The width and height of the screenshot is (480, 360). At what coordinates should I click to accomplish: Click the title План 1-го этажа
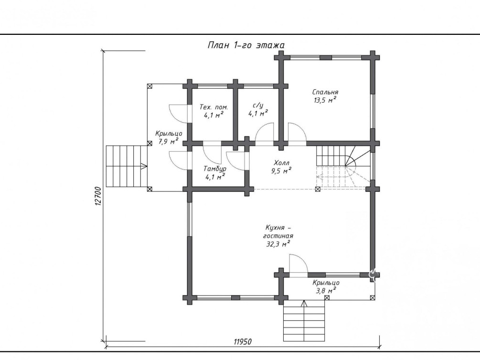[246, 45]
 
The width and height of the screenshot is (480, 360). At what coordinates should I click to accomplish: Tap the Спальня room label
[325, 92]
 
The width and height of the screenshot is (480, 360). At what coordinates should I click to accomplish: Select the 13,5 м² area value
[325, 100]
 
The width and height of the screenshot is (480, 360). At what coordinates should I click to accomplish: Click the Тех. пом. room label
[213, 107]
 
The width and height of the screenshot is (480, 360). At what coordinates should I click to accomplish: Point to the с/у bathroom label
[258, 106]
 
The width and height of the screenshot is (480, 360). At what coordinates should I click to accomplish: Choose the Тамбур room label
[215, 169]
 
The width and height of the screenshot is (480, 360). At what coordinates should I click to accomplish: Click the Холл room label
[281, 163]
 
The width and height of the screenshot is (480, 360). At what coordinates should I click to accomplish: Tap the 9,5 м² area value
[281, 171]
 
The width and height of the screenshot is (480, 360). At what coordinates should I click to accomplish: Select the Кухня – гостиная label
[278, 232]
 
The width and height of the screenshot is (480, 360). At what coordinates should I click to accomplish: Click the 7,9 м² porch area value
[169, 141]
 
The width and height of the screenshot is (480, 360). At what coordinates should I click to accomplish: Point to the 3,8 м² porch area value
[326, 290]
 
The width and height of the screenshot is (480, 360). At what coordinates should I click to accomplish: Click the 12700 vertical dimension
[98, 196]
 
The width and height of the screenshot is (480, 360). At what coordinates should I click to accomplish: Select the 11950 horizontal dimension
[243, 341]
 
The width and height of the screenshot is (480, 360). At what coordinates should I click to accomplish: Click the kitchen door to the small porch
[298, 266]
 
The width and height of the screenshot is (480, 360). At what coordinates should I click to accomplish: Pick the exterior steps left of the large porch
[127, 166]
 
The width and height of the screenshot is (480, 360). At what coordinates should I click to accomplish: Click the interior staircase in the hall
[343, 167]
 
